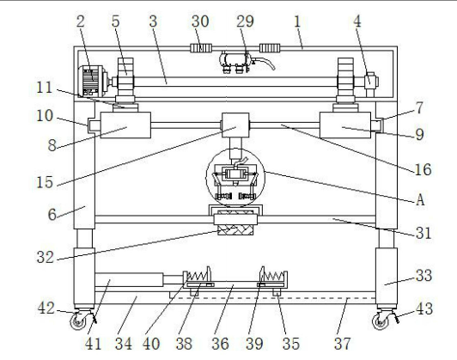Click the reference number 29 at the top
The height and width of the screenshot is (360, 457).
coord(245,21)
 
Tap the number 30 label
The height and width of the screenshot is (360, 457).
coord(200,21)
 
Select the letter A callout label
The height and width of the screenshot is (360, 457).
coord(420,200)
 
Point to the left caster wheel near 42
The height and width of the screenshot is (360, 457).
coord(79,321)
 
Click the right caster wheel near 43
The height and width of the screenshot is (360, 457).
coord(381,321)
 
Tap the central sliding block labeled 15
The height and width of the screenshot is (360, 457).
coord(235,125)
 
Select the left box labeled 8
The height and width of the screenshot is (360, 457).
coord(125,125)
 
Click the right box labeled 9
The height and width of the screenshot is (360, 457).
coord(345,125)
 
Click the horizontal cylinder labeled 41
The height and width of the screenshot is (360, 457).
coord(129,279)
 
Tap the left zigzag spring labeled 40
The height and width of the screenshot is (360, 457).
coord(198,276)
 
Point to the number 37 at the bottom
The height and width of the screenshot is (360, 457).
coord(343,344)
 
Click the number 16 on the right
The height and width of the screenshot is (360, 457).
coord(423,169)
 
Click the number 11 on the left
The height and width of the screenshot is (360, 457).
coord(45,87)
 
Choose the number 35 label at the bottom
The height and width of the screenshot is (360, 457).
coord(291,344)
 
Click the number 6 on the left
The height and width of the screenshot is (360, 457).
coord(52,215)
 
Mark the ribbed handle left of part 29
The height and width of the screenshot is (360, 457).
coord(201,48)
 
